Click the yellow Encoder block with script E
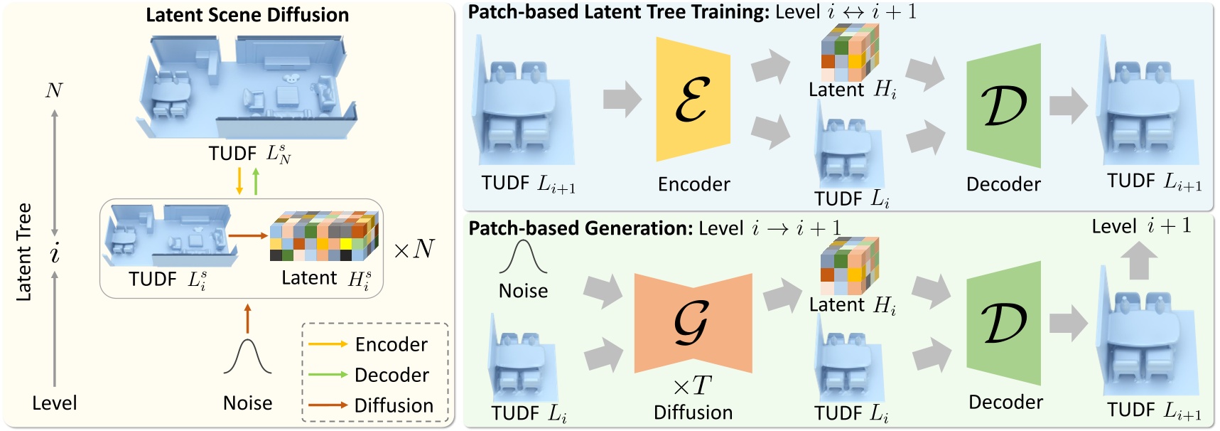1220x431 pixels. pyautogui.click(x=693, y=100)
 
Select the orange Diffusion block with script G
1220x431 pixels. pyautogui.click(x=693, y=323)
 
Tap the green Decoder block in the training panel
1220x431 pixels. pyautogui.click(x=1004, y=106)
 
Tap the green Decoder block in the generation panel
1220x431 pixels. pyautogui.click(x=1004, y=324)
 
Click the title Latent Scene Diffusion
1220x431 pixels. pyautogui.click(x=247, y=15)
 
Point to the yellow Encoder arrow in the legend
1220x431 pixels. pyautogui.click(x=328, y=344)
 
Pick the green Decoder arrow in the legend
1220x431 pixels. pyautogui.click(x=328, y=375)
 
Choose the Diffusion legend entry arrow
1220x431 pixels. pyautogui.click(x=328, y=405)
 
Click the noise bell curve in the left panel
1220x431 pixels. pyautogui.click(x=247, y=358)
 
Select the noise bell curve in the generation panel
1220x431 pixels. pyautogui.click(x=523, y=257)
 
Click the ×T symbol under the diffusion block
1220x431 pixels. pyautogui.click(x=692, y=386)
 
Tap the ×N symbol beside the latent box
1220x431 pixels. pyautogui.click(x=414, y=249)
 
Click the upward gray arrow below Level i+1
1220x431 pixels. pyautogui.click(x=1139, y=260)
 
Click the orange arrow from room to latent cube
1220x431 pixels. pyautogui.click(x=248, y=235)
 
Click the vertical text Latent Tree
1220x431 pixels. pyautogui.click(x=24, y=252)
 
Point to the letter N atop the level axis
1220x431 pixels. pyautogui.click(x=54, y=90)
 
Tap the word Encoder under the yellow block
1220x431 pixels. pyautogui.click(x=693, y=184)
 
